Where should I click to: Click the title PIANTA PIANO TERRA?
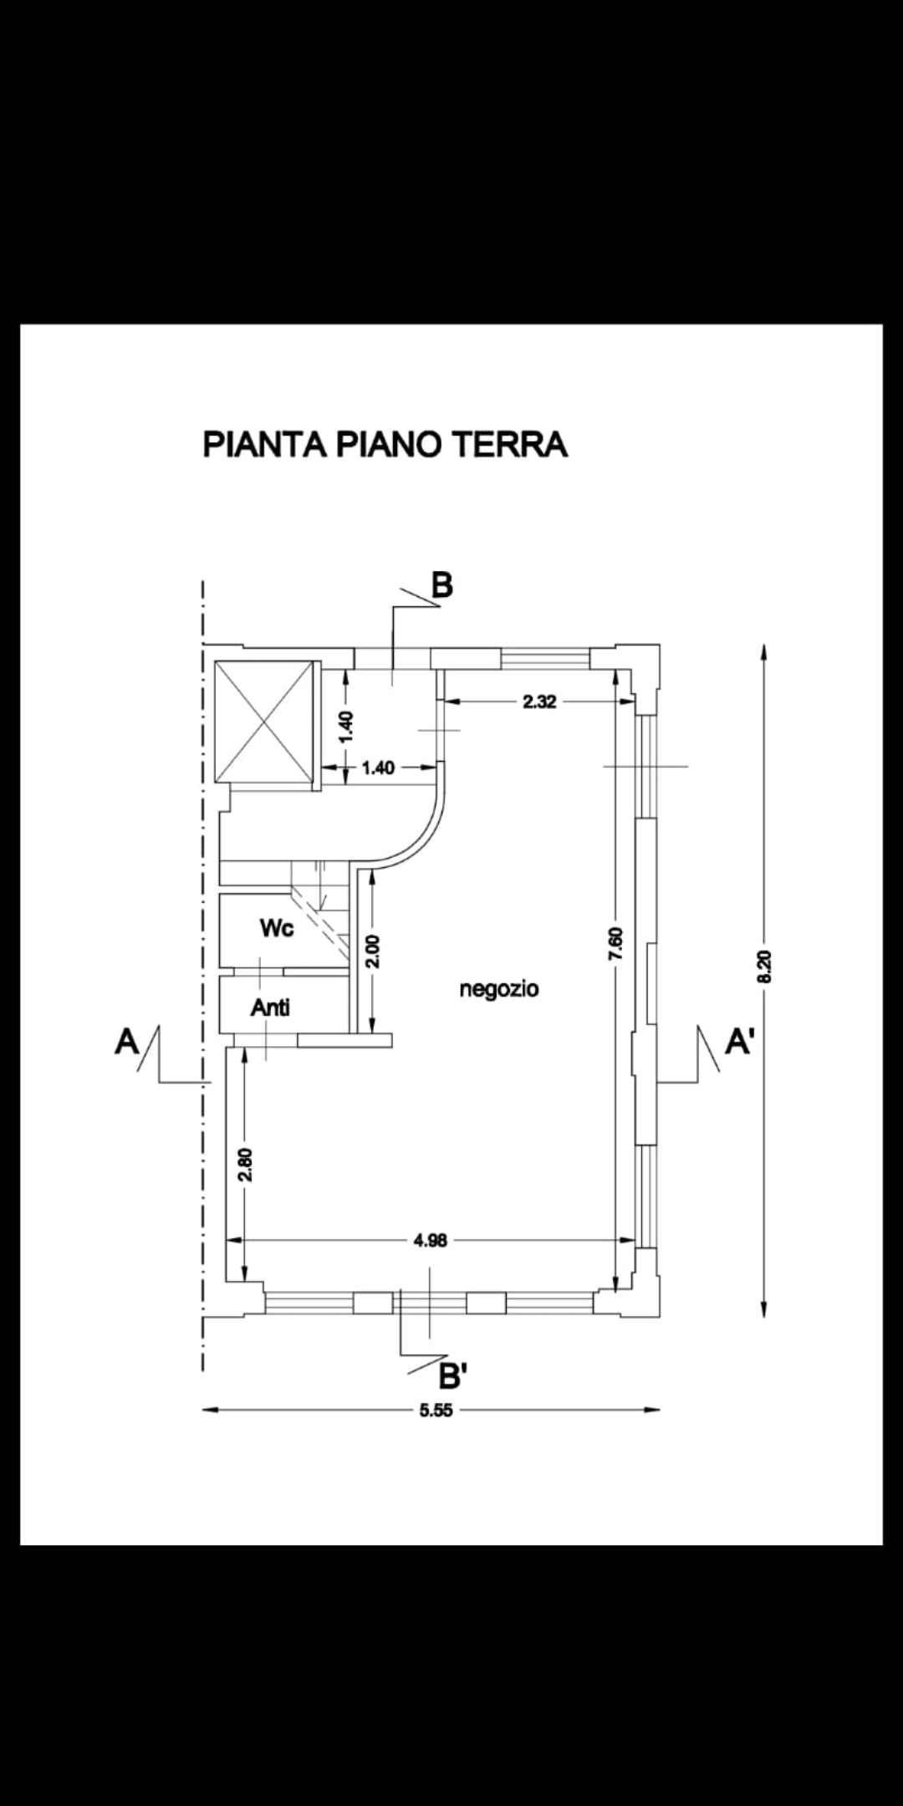click(385, 444)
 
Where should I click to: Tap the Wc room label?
click(277, 928)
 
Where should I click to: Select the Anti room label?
click(271, 1008)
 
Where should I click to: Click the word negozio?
click(499, 989)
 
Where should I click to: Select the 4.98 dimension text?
click(431, 1241)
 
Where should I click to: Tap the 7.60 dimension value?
click(617, 943)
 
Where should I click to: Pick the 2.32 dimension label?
click(539, 701)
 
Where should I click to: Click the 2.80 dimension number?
click(245, 1165)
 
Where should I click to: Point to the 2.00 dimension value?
click(373, 951)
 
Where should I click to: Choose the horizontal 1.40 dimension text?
click(378, 767)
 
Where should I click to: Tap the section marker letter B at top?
click(442, 585)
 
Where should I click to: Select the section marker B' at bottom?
click(452, 1375)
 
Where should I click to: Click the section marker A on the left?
click(126, 1042)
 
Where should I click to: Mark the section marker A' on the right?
click(738, 1042)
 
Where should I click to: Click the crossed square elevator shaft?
click(263, 721)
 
